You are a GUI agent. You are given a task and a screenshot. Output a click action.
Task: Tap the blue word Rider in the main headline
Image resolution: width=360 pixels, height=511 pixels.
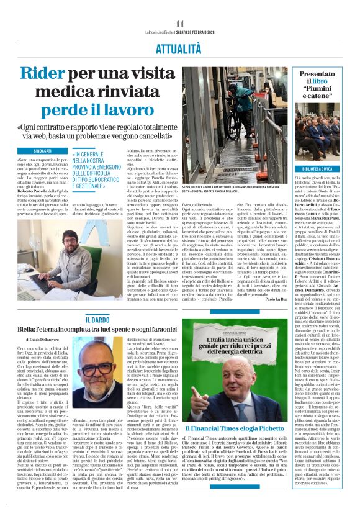(45, 74)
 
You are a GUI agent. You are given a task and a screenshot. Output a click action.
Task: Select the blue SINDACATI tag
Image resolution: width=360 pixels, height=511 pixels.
(43, 151)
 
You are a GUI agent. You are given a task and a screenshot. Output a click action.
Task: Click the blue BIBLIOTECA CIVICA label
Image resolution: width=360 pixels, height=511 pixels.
(317, 169)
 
